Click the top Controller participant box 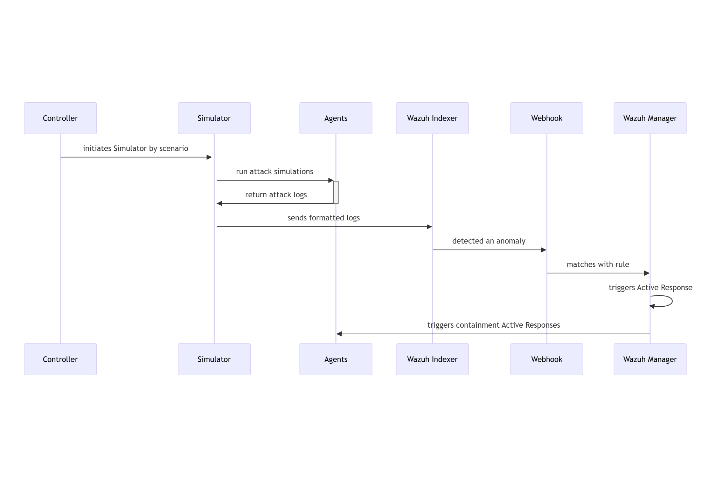pyautogui.click(x=60, y=118)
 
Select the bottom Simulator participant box pyautogui.click(x=214, y=359)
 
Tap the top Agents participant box pyautogui.click(x=336, y=118)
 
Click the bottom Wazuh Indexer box pyautogui.click(x=432, y=359)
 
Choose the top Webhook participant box pyautogui.click(x=547, y=118)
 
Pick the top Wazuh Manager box pyautogui.click(x=650, y=118)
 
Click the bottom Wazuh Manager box pyautogui.click(x=650, y=359)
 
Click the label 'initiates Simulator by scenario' pyautogui.click(x=135, y=149)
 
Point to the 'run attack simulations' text pyautogui.click(x=274, y=172)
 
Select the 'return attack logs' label pyautogui.click(x=276, y=195)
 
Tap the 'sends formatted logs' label pyautogui.click(x=324, y=218)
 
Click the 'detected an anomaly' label pyautogui.click(x=489, y=241)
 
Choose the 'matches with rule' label pyautogui.click(x=598, y=265)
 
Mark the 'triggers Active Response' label pyautogui.click(x=650, y=288)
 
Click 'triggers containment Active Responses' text pyautogui.click(x=493, y=325)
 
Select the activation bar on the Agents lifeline pyautogui.click(x=336, y=192)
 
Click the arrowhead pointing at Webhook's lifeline pyautogui.click(x=543, y=250)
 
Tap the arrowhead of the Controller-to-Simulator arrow pyautogui.click(x=209, y=157)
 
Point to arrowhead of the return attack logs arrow pyautogui.click(x=220, y=203)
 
